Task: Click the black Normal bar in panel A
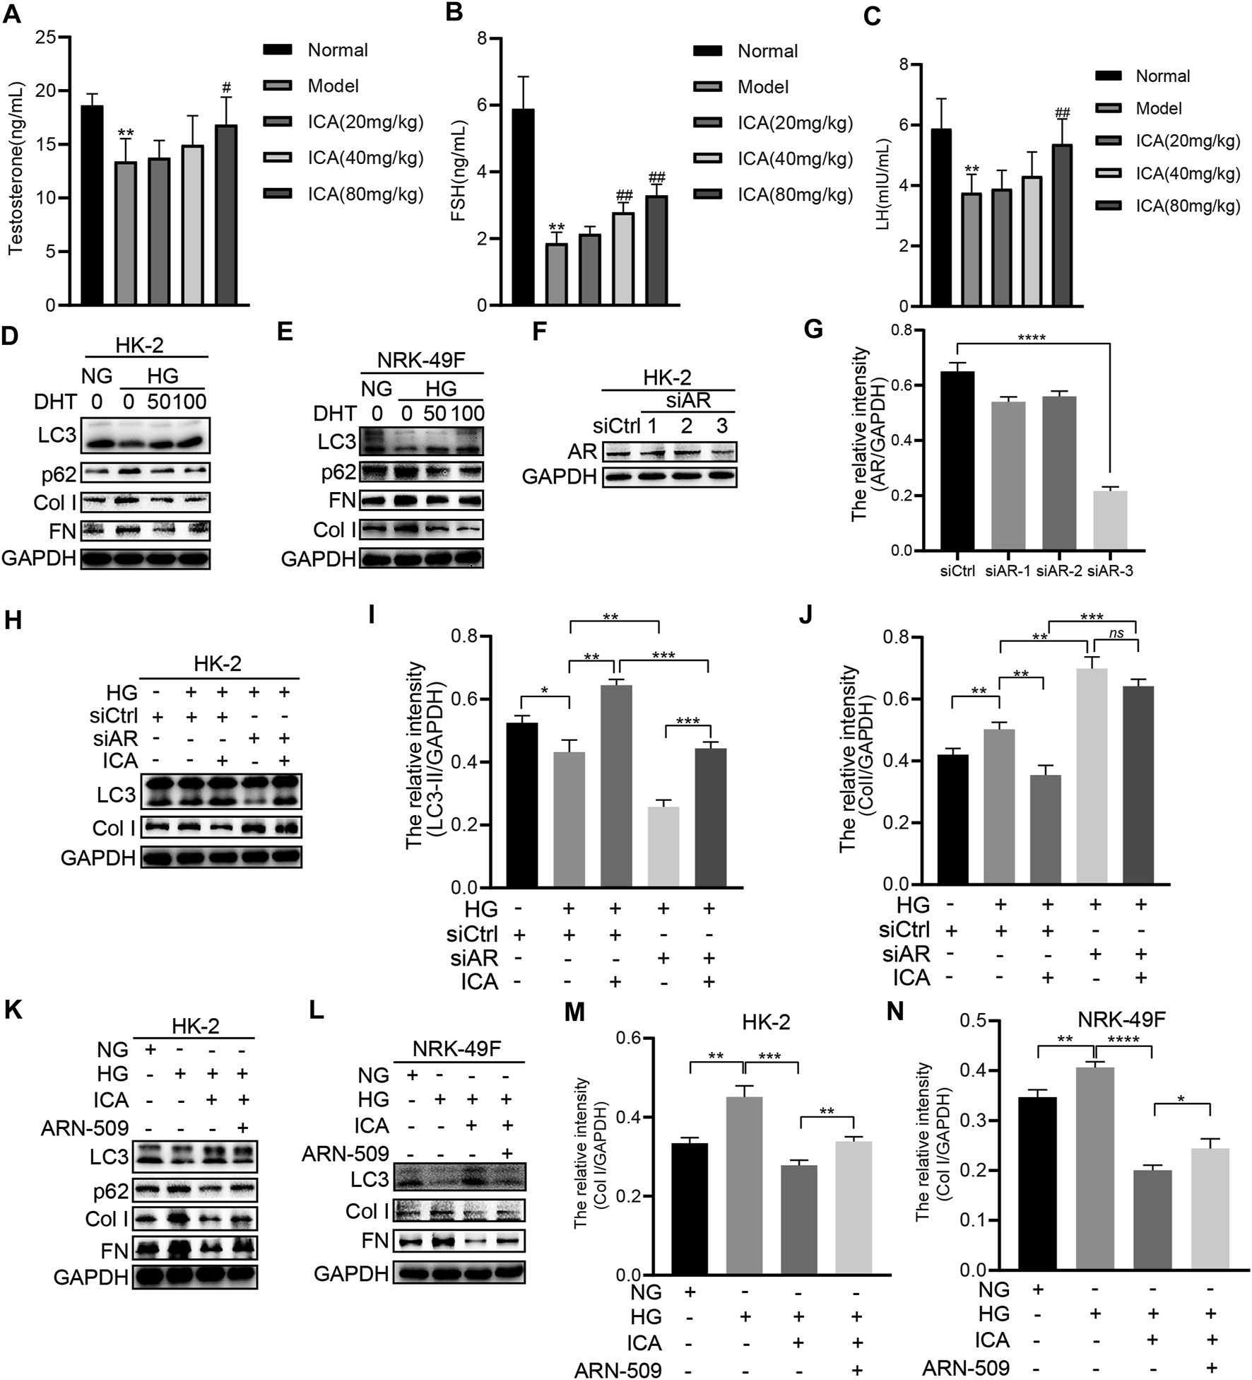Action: coord(93,205)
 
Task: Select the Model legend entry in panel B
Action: coord(763,87)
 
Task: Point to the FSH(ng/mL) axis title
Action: coord(459,171)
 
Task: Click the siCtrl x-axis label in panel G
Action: coord(957,571)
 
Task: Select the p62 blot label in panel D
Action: coord(59,473)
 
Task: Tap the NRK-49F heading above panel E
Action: coord(422,359)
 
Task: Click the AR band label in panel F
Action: coord(582,451)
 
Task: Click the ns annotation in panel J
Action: coord(1116,634)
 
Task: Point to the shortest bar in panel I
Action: coord(663,846)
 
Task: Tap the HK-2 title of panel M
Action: coord(766,1022)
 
